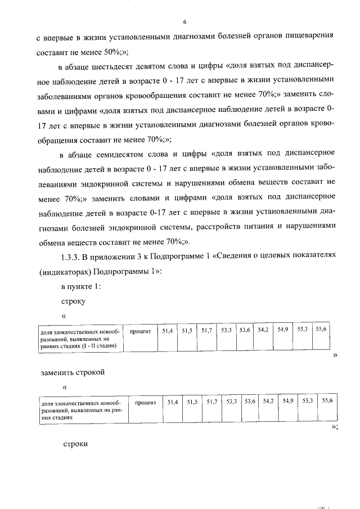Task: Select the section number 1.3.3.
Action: pyautogui.click(x=71, y=256)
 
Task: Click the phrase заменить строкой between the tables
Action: pyautogui.click(x=73, y=372)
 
